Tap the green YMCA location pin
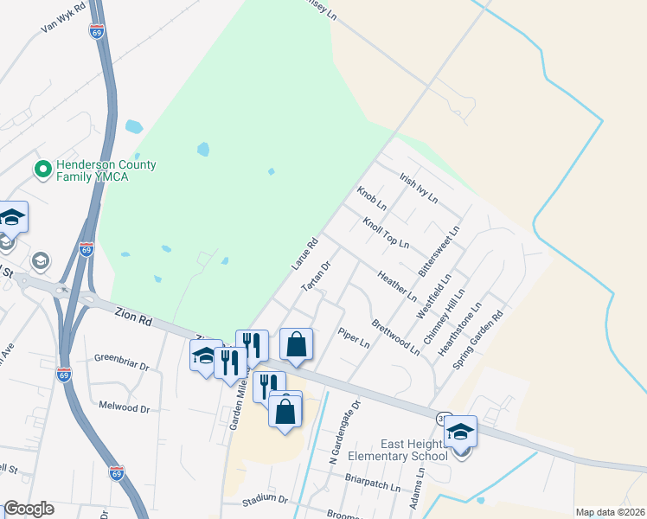(41, 170)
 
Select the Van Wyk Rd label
(63, 18)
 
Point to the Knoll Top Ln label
(386, 233)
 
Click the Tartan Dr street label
(316, 276)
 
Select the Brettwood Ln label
(395, 337)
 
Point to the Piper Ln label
(354, 338)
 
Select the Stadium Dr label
(265, 499)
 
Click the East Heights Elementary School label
(398, 449)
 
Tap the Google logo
(29, 509)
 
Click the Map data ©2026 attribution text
(610, 512)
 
